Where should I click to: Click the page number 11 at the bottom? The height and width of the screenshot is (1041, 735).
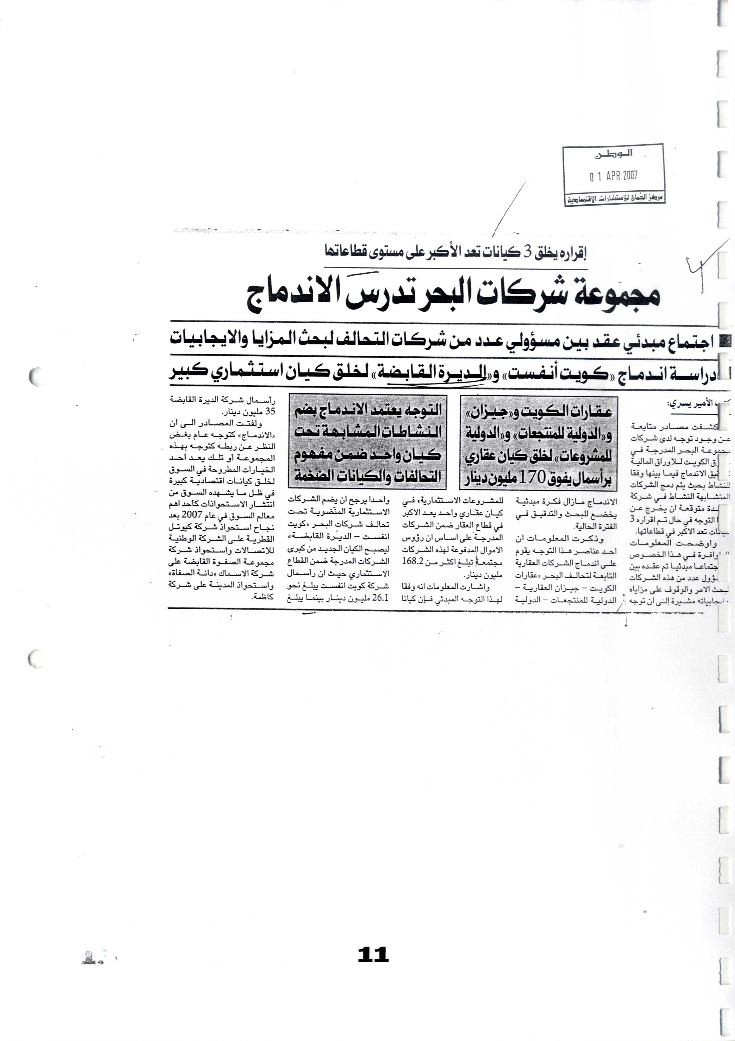373,954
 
